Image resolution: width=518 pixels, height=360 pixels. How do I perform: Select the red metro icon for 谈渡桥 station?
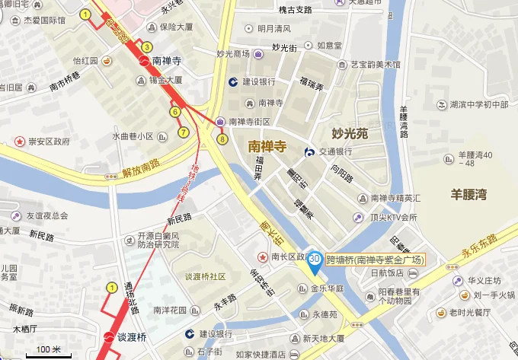[x=108, y=337]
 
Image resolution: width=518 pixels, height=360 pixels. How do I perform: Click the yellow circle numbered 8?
[x=222, y=139]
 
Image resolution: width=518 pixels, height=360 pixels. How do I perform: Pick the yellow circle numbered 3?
[x=147, y=47]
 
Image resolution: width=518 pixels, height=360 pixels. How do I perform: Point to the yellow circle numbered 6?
[x=174, y=112]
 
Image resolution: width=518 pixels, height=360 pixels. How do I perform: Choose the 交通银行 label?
[x=334, y=151]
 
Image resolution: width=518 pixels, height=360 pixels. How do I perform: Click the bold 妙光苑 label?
[x=350, y=133]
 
